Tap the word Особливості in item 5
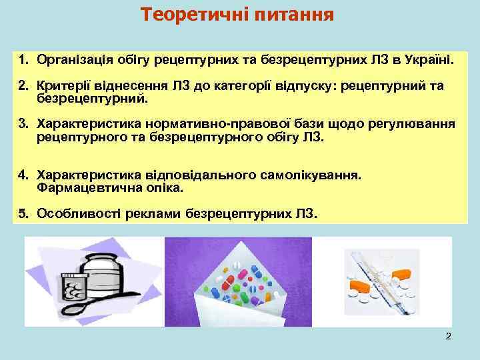click(x=73, y=213)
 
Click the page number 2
click(x=448, y=336)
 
